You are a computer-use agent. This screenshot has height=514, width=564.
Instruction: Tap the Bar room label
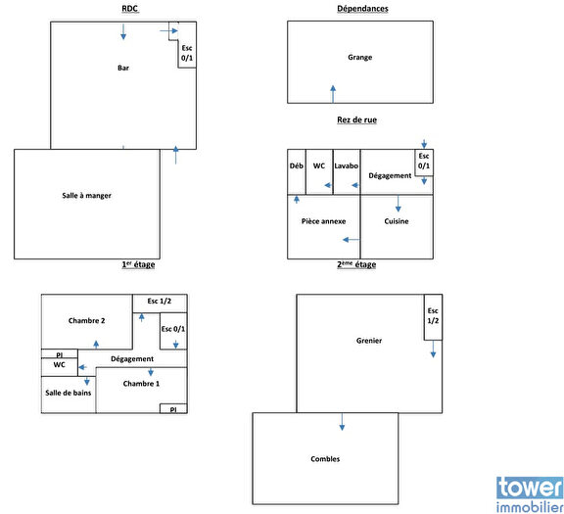[x=123, y=69]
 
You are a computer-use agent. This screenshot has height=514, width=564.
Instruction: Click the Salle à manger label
[x=86, y=196]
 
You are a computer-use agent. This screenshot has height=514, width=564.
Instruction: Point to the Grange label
[x=359, y=57]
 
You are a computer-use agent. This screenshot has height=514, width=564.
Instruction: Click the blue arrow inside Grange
[x=333, y=93]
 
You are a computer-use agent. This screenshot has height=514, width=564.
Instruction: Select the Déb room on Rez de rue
[x=296, y=166]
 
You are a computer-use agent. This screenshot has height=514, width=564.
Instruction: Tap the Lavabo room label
[x=346, y=166]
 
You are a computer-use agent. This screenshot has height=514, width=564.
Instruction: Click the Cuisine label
[x=397, y=221]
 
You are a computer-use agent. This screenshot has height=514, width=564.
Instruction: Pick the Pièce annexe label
[x=324, y=221]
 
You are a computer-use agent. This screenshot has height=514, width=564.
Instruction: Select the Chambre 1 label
[x=141, y=384]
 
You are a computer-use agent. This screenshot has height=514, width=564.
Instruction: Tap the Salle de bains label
[x=68, y=393]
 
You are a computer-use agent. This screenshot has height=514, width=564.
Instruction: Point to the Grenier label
[x=369, y=341]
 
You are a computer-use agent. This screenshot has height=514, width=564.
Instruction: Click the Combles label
[x=325, y=458]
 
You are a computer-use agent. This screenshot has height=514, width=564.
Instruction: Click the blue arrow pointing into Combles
[x=342, y=421]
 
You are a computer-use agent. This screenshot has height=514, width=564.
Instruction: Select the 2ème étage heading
[x=356, y=264]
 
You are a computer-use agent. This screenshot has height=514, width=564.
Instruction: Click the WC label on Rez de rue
[x=319, y=166]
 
